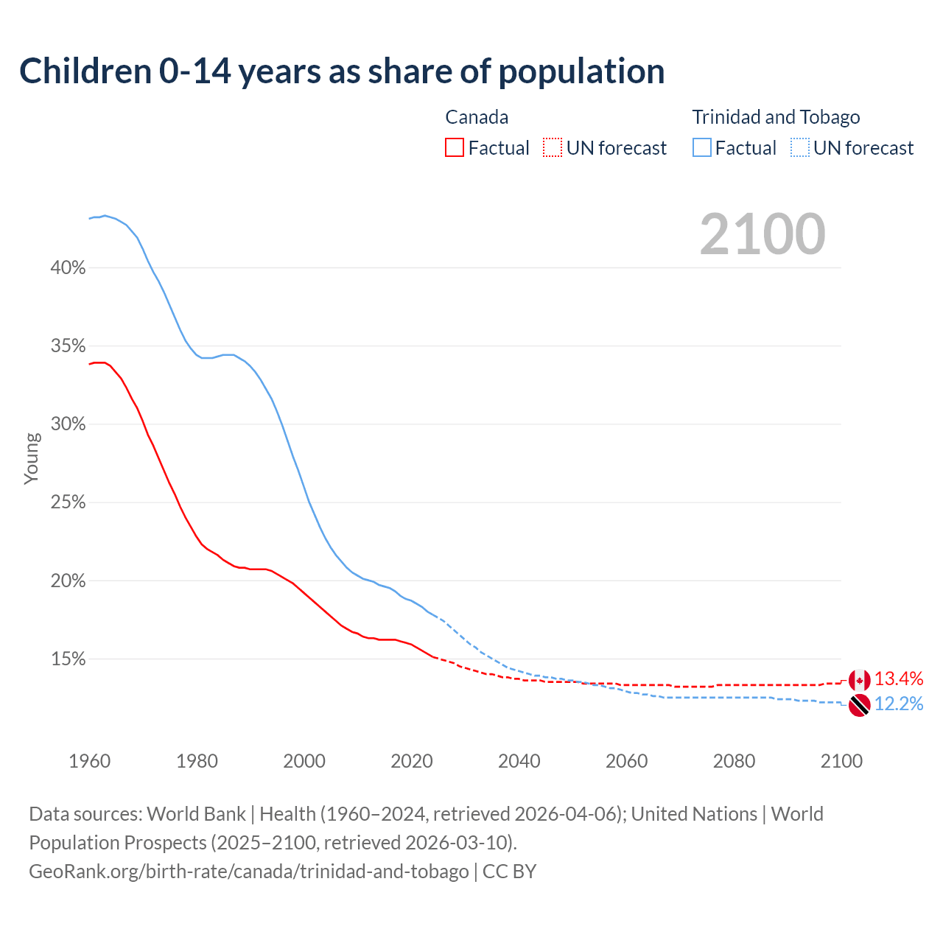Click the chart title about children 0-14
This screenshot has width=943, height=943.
[x=342, y=71]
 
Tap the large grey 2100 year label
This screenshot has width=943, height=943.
[x=763, y=234]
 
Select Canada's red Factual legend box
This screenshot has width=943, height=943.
[x=455, y=148]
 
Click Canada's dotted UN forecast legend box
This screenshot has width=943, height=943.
[x=553, y=148]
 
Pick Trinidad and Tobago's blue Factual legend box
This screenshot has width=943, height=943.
[x=702, y=148]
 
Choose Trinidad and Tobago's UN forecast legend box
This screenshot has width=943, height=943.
[x=800, y=148]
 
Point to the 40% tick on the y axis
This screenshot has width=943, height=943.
[x=68, y=268]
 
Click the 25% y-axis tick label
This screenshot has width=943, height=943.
[x=68, y=503]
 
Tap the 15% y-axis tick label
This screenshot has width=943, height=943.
[x=68, y=659]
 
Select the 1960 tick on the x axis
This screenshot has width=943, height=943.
[x=90, y=761]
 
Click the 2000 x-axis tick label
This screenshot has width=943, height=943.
[x=304, y=761]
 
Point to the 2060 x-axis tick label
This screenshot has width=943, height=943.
[x=626, y=761]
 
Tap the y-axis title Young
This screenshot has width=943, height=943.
[x=32, y=458]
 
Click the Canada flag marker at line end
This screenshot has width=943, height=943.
[x=859, y=681]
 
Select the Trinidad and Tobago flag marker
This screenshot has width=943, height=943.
[x=859, y=705]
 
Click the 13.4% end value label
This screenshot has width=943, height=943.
[x=899, y=679]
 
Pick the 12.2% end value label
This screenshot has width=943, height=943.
[x=899, y=704]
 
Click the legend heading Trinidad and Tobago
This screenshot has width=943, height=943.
[x=776, y=117]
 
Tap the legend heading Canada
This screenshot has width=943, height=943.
[x=477, y=117]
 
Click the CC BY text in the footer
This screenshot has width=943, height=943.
[x=510, y=872]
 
